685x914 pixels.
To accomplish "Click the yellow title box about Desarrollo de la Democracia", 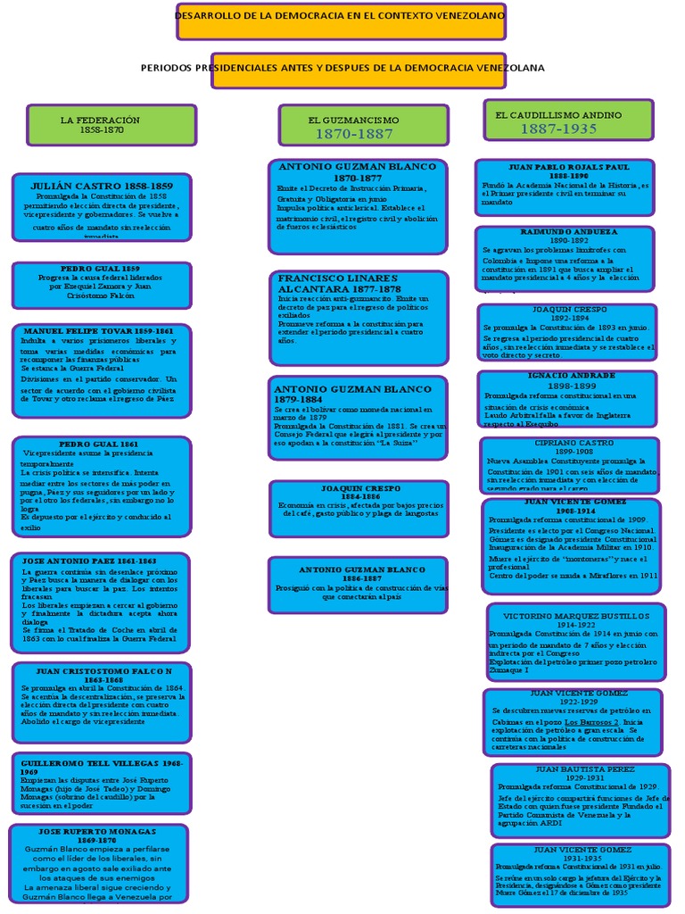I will click(342, 21).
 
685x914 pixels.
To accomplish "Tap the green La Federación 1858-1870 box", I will click(111, 125).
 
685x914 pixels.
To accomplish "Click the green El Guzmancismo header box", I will click(363, 126).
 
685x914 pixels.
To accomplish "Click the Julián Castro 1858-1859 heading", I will click(102, 186).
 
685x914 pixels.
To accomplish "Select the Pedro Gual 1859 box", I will click(101, 286).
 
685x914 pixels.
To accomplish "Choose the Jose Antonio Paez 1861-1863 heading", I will click(101, 561).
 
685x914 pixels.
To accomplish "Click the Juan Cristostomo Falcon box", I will click(101, 703).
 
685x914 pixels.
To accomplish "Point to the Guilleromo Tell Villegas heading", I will click(102, 769).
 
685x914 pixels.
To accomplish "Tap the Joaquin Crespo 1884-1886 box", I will click(359, 509).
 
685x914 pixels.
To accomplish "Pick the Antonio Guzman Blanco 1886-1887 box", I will click(359, 585).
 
